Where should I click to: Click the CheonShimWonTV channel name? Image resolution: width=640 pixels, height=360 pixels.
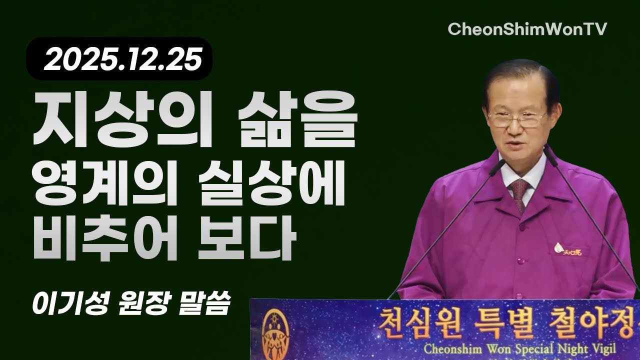coord(527,29)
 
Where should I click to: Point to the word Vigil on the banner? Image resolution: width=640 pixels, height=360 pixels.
coord(599,347)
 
